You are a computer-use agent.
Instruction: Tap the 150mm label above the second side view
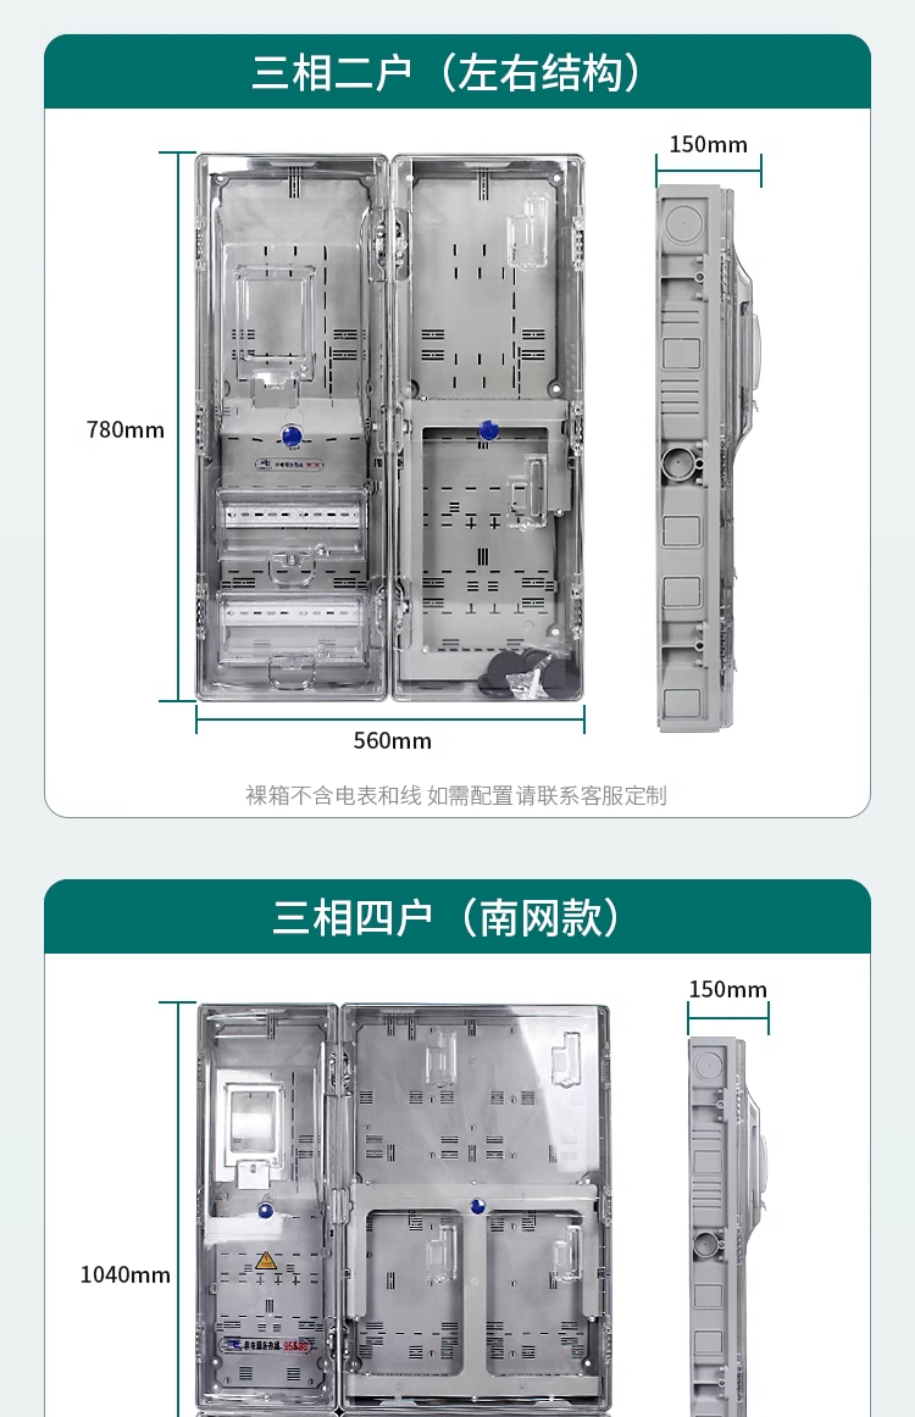pos(728,989)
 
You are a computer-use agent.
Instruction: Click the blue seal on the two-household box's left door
pos(291,435)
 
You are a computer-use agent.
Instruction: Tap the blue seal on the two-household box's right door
pos(488,429)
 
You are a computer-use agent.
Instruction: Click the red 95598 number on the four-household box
pos(295,1346)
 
